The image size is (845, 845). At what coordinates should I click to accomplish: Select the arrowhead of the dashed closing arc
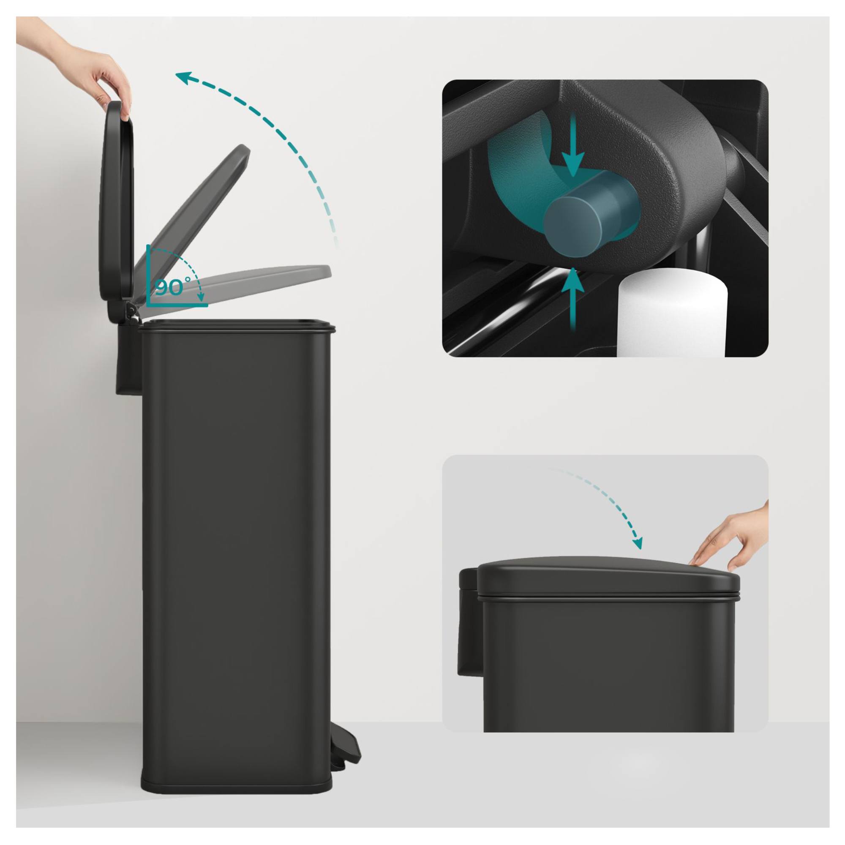click(x=638, y=542)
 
